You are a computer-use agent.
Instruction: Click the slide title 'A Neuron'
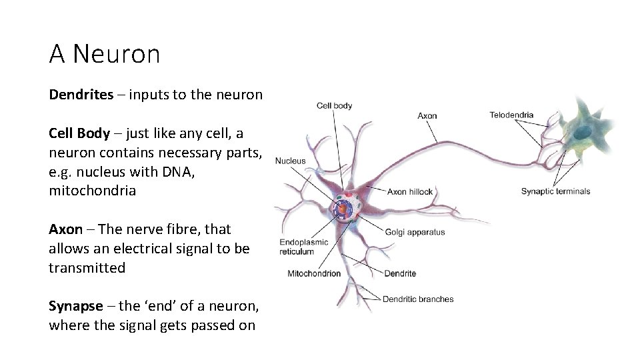pos(105,54)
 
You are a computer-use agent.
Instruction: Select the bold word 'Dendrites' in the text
pos(81,95)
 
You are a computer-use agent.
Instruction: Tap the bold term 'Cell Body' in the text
pos(79,133)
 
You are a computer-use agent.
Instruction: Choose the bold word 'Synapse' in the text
pos(75,307)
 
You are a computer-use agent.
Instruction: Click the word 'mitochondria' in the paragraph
pos(92,191)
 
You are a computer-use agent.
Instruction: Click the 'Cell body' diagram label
pos(334,105)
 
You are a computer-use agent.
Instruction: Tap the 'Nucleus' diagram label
pos(290,161)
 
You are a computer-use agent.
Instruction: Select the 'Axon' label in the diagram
pos(427,116)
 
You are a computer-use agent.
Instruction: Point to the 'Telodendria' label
pos(511,115)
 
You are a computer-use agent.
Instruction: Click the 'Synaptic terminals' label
pos(555,192)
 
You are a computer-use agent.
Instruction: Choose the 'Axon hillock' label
pos(410,192)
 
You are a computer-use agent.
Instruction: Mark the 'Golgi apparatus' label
pos(415,233)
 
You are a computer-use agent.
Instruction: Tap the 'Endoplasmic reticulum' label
pos(303,247)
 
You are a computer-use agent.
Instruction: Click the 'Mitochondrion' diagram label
pos(313,273)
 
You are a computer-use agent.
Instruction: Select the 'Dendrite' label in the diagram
pos(400,273)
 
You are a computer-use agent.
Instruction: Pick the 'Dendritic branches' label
pos(418,299)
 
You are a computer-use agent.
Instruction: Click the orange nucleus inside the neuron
pos(342,209)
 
